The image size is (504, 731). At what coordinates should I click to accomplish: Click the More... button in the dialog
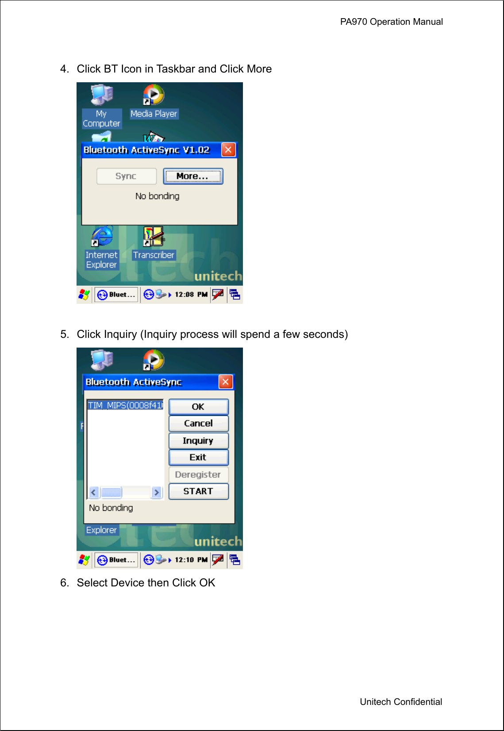coord(192,176)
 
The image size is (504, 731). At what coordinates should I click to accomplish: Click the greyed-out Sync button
coord(126,176)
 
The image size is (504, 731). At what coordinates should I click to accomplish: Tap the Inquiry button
coord(198,440)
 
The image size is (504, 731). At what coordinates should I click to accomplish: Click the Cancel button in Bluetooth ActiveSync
coord(198,423)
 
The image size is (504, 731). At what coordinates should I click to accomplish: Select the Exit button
coord(198,457)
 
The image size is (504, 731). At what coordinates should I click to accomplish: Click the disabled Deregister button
coord(198,475)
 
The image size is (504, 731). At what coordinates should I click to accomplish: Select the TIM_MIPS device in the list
coord(125,405)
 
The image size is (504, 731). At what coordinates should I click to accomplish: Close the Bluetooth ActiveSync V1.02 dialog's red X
coord(228,150)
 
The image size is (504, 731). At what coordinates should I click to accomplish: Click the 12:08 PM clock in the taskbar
coord(191,295)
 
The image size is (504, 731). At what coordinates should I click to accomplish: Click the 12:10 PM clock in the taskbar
coord(191,560)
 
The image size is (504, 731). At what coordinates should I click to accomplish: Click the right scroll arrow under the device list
coord(157,492)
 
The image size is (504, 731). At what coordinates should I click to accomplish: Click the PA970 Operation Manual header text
coord(391,22)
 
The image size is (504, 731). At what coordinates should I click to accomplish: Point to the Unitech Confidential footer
coord(400,702)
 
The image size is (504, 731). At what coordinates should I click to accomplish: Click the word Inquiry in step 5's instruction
coord(119,334)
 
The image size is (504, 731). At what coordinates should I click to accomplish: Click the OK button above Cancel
coord(198,406)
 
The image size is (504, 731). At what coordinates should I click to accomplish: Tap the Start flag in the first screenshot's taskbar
coord(84,295)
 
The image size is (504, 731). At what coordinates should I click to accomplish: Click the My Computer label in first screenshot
coord(101,119)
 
